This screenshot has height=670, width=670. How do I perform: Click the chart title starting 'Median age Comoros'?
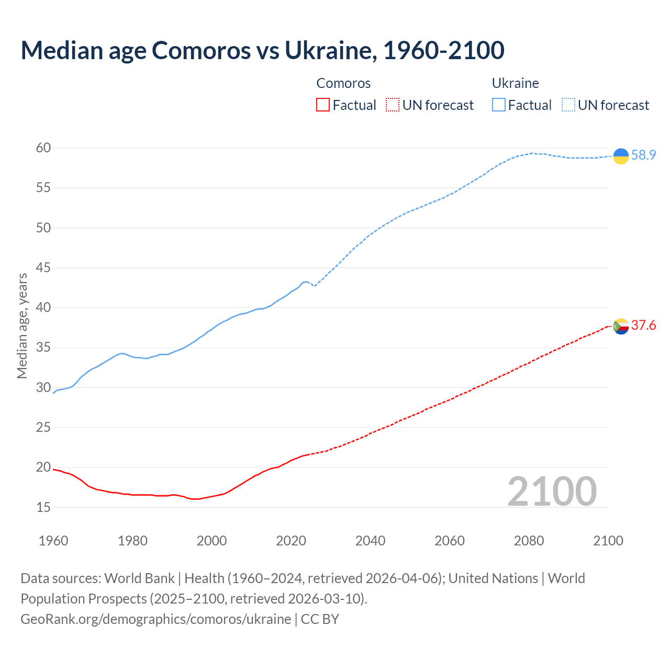coord(262,50)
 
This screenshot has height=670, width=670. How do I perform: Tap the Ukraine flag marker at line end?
coord(621,156)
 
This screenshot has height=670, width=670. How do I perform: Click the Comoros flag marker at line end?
coord(621,326)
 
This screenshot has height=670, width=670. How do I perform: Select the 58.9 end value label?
coord(643,155)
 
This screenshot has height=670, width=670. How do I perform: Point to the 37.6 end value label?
coord(643,326)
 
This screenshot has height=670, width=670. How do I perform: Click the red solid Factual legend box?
coord(323,105)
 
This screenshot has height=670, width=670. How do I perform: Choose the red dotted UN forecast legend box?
coord(393,105)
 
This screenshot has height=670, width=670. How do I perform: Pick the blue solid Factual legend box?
coord(499,105)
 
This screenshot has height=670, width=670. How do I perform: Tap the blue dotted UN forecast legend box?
coord(568,105)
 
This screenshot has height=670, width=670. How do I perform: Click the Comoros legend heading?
coord(343,83)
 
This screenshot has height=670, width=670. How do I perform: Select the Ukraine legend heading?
coord(515,83)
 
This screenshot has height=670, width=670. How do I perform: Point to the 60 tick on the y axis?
coord(43,148)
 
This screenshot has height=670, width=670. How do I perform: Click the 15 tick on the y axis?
coord(43,507)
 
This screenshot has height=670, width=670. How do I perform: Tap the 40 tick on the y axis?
coord(43,308)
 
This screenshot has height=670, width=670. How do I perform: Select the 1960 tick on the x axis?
coord(53,541)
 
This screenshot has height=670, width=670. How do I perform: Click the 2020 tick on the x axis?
coord(291,541)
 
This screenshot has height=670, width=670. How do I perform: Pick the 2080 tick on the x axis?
coord(529,541)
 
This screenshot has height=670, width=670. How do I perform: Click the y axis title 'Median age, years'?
coord(22,326)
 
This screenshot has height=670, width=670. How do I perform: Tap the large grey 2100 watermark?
coord(552,491)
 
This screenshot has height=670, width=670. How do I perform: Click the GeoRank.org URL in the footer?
coord(155,619)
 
